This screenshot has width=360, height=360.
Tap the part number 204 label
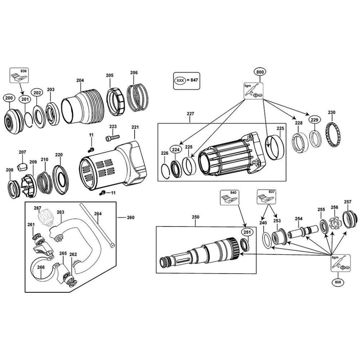click(80, 81)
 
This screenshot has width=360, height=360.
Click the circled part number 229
click(315, 120)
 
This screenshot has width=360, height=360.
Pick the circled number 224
click(175, 149)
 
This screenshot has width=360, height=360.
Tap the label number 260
click(130, 217)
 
